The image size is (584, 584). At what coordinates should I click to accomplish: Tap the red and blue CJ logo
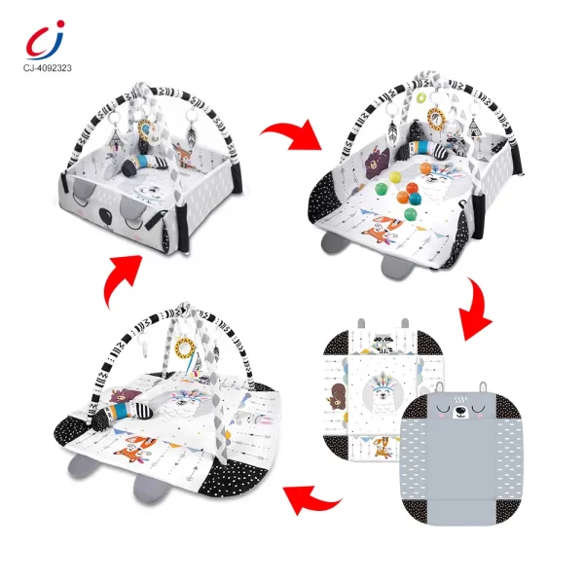42,40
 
